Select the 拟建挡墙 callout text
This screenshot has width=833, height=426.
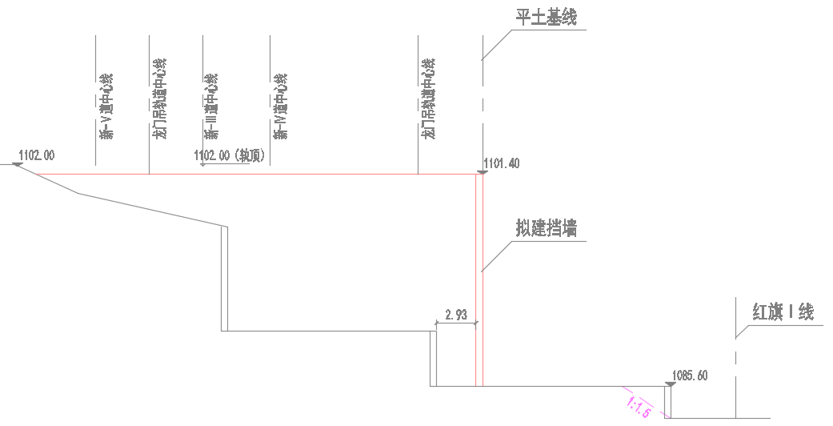pyautogui.click(x=547, y=229)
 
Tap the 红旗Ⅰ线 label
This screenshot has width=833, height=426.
pyautogui.click(x=782, y=312)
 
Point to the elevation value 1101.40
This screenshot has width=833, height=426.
pyautogui.click(x=502, y=163)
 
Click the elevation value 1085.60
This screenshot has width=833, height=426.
pyautogui.click(x=690, y=375)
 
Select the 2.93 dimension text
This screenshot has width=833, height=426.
pyautogui.click(x=456, y=315)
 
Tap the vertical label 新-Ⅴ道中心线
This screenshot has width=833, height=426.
pyautogui.click(x=106, y=106)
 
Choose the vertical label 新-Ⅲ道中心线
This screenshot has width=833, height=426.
pyautogui.click(x=211, y=106)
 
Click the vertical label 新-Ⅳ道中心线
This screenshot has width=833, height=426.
pyautogui.click(x=279, y=106)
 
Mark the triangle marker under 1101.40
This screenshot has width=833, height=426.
pyautogui.click(x=482, y=171)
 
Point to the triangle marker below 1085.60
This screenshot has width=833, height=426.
pyautogui.click(x=670, y=385)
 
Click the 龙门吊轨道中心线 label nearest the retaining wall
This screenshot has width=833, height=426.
pyautogui.click(x=428, y=99)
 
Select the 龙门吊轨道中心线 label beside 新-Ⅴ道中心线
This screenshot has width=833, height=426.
pyautogui.click(x=160, y=99)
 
